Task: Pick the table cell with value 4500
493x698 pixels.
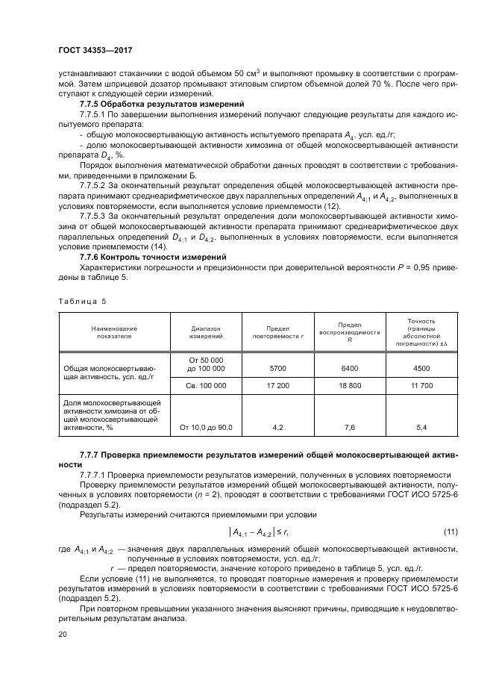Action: (x=422, y=367)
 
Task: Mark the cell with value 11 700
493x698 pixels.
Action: (x=422, y=385)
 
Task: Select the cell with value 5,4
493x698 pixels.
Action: (x=422, y=427)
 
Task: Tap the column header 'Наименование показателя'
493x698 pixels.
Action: (x=114, y=332)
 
